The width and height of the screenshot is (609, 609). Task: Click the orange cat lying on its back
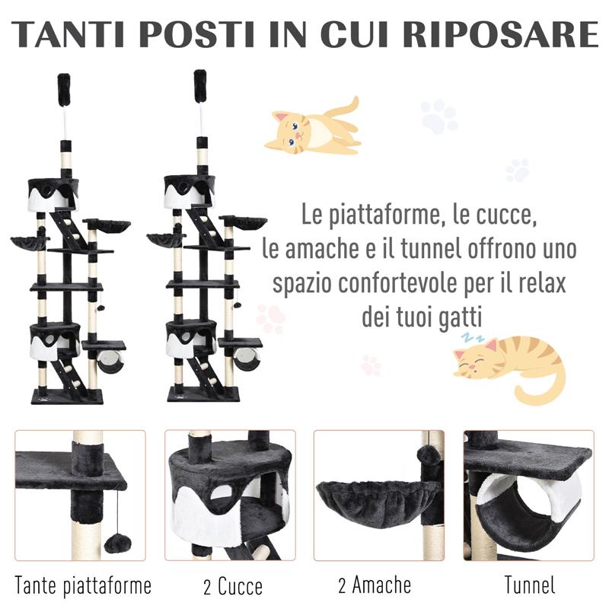point(312,128)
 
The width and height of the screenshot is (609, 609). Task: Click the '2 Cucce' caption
point(233,586)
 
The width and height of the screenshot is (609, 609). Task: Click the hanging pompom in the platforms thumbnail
point(116,543)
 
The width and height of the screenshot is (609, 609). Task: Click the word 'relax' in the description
point(540,284)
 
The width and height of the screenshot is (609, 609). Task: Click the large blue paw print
point(439,116)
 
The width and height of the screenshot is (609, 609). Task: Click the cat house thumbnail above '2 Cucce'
point(231,495)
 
